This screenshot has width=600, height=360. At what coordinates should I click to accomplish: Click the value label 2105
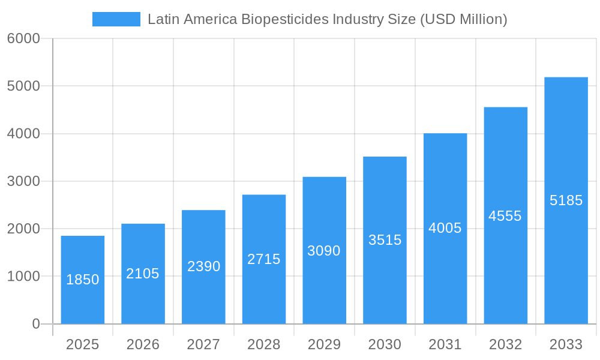143,274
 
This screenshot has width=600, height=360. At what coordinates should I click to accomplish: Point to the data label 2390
204,266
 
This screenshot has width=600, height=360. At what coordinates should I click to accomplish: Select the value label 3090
324,251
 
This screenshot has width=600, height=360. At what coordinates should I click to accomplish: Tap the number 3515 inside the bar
385,240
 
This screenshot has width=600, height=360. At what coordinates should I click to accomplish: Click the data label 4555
505,216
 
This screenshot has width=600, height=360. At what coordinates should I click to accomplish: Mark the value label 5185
566,200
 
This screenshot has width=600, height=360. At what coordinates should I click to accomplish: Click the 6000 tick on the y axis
23,38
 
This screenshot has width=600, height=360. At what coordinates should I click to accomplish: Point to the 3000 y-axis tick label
23,181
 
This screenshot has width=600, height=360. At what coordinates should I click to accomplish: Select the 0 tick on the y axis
35,324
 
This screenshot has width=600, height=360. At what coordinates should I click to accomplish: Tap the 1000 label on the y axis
23,277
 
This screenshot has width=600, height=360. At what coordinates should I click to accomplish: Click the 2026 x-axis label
143,344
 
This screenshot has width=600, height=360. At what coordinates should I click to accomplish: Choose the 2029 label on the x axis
324,344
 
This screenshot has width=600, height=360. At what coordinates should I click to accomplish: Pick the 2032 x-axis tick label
505,344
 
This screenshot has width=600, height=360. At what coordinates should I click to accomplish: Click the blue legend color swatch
116,19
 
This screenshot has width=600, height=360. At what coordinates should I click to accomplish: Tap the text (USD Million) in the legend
463,19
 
